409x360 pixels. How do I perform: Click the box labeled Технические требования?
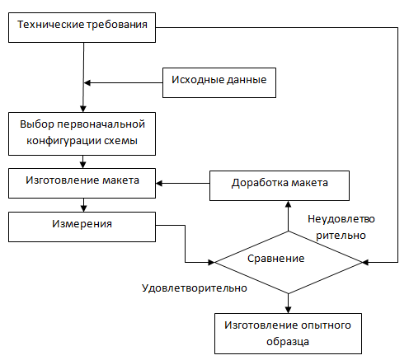[82, 27]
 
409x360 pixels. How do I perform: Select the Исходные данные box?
[219, 82]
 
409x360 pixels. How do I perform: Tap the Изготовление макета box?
[82, 183]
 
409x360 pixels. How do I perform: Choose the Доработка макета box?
[280, 185]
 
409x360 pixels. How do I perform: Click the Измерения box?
[82, 227]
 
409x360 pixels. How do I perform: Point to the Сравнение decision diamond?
[288, 263]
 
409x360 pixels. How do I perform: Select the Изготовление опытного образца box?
[288, 334]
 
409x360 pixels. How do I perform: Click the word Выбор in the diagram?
[37, 124]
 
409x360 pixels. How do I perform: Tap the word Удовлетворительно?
[195, 288]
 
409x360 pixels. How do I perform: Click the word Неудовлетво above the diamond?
[341, 219]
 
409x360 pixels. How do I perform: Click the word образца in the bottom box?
[288, 342]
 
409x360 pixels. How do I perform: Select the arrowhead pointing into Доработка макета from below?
[288, 204]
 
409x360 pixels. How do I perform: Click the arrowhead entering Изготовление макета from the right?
[159, 183]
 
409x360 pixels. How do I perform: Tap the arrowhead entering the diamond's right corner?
[365, 262]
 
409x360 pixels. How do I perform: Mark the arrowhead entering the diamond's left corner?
[211, 262]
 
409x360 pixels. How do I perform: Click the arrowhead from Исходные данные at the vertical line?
[87, 82]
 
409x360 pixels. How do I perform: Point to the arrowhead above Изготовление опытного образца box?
[288, 310]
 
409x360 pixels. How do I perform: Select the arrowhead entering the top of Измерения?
[83, 208]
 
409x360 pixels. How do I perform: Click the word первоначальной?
[101, 124]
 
